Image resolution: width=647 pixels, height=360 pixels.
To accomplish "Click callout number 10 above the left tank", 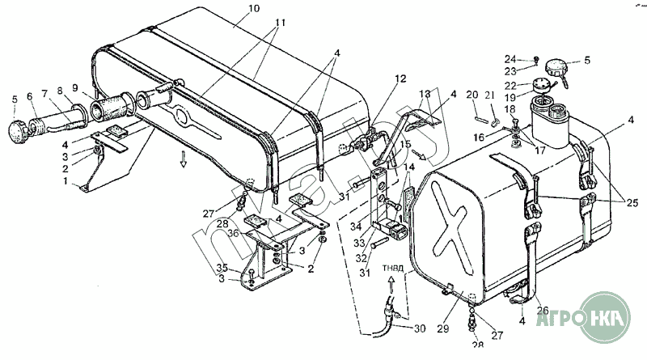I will point(232,9).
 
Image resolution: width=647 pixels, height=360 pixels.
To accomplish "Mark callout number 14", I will point(409,167).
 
